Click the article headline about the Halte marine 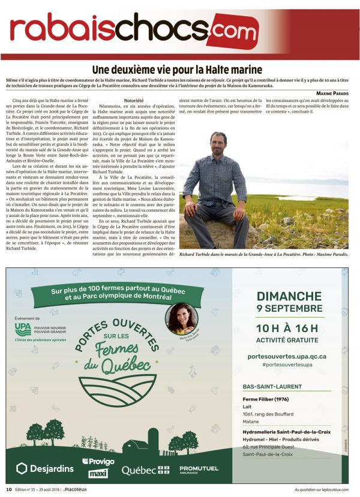pos(180,69)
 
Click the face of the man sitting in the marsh pos(218,144)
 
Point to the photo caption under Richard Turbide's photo pos(263,254)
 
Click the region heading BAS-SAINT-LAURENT pos(272,387)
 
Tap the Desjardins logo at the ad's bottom pos(45,468)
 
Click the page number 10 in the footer pos(9,489)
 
